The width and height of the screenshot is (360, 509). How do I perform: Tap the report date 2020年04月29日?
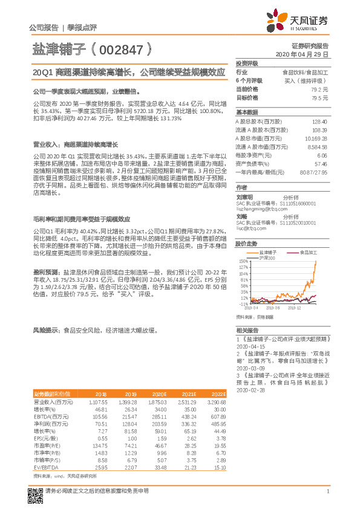point(306,54)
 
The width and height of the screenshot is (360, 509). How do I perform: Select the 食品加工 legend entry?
point(307,251)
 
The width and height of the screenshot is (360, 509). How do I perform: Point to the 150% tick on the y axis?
point(244,262)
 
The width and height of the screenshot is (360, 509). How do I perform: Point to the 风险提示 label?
point(45,331)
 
